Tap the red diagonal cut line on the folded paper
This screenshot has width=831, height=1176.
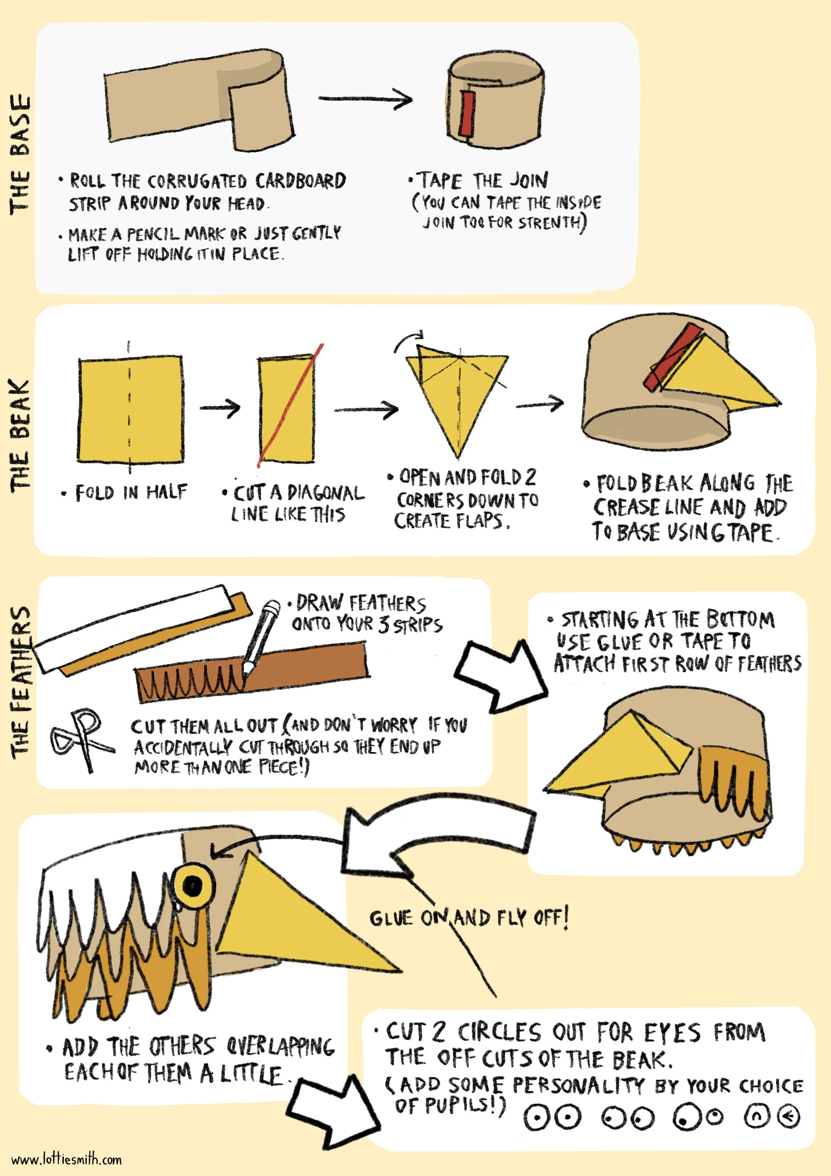point(290,405)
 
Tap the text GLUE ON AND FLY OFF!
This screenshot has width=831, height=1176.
point(468,917)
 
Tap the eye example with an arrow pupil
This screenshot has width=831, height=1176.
point(788,1116)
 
